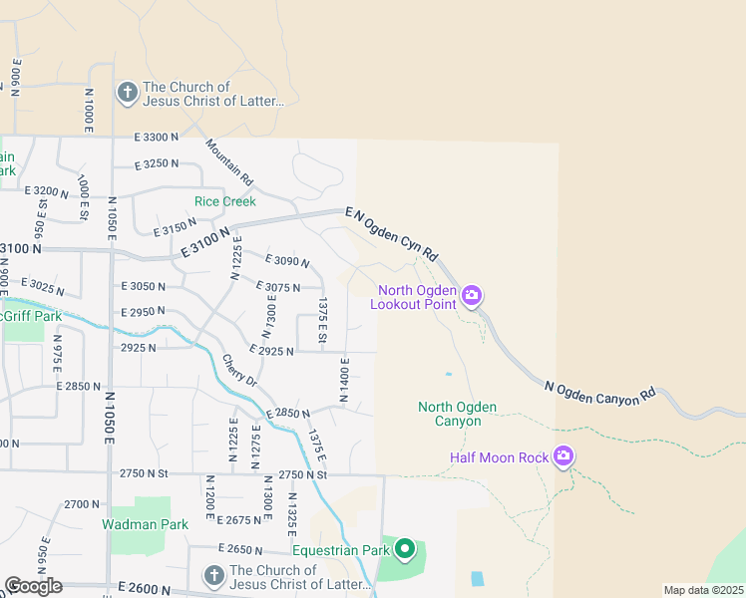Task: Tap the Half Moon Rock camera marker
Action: (x=563, y=456)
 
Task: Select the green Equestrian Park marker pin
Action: (x=404, y=549)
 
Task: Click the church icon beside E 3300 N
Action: (x=127, y=94)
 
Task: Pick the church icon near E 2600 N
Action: (x=213, y=576)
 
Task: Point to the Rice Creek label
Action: (x=225, y=201)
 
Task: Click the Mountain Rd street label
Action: (x=230, y=162)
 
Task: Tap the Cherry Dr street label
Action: (x=239, y=371)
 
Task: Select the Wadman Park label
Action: (x=145, y=524)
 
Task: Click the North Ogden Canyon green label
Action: (x=456, y=414)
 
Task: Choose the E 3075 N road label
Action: (x=278, y=287)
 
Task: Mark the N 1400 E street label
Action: (x=344, y=380)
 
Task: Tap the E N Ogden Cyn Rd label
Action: (x=392, y=234)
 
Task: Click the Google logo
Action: (x=33, y=586)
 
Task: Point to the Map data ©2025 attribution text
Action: (x=703, y=590)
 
